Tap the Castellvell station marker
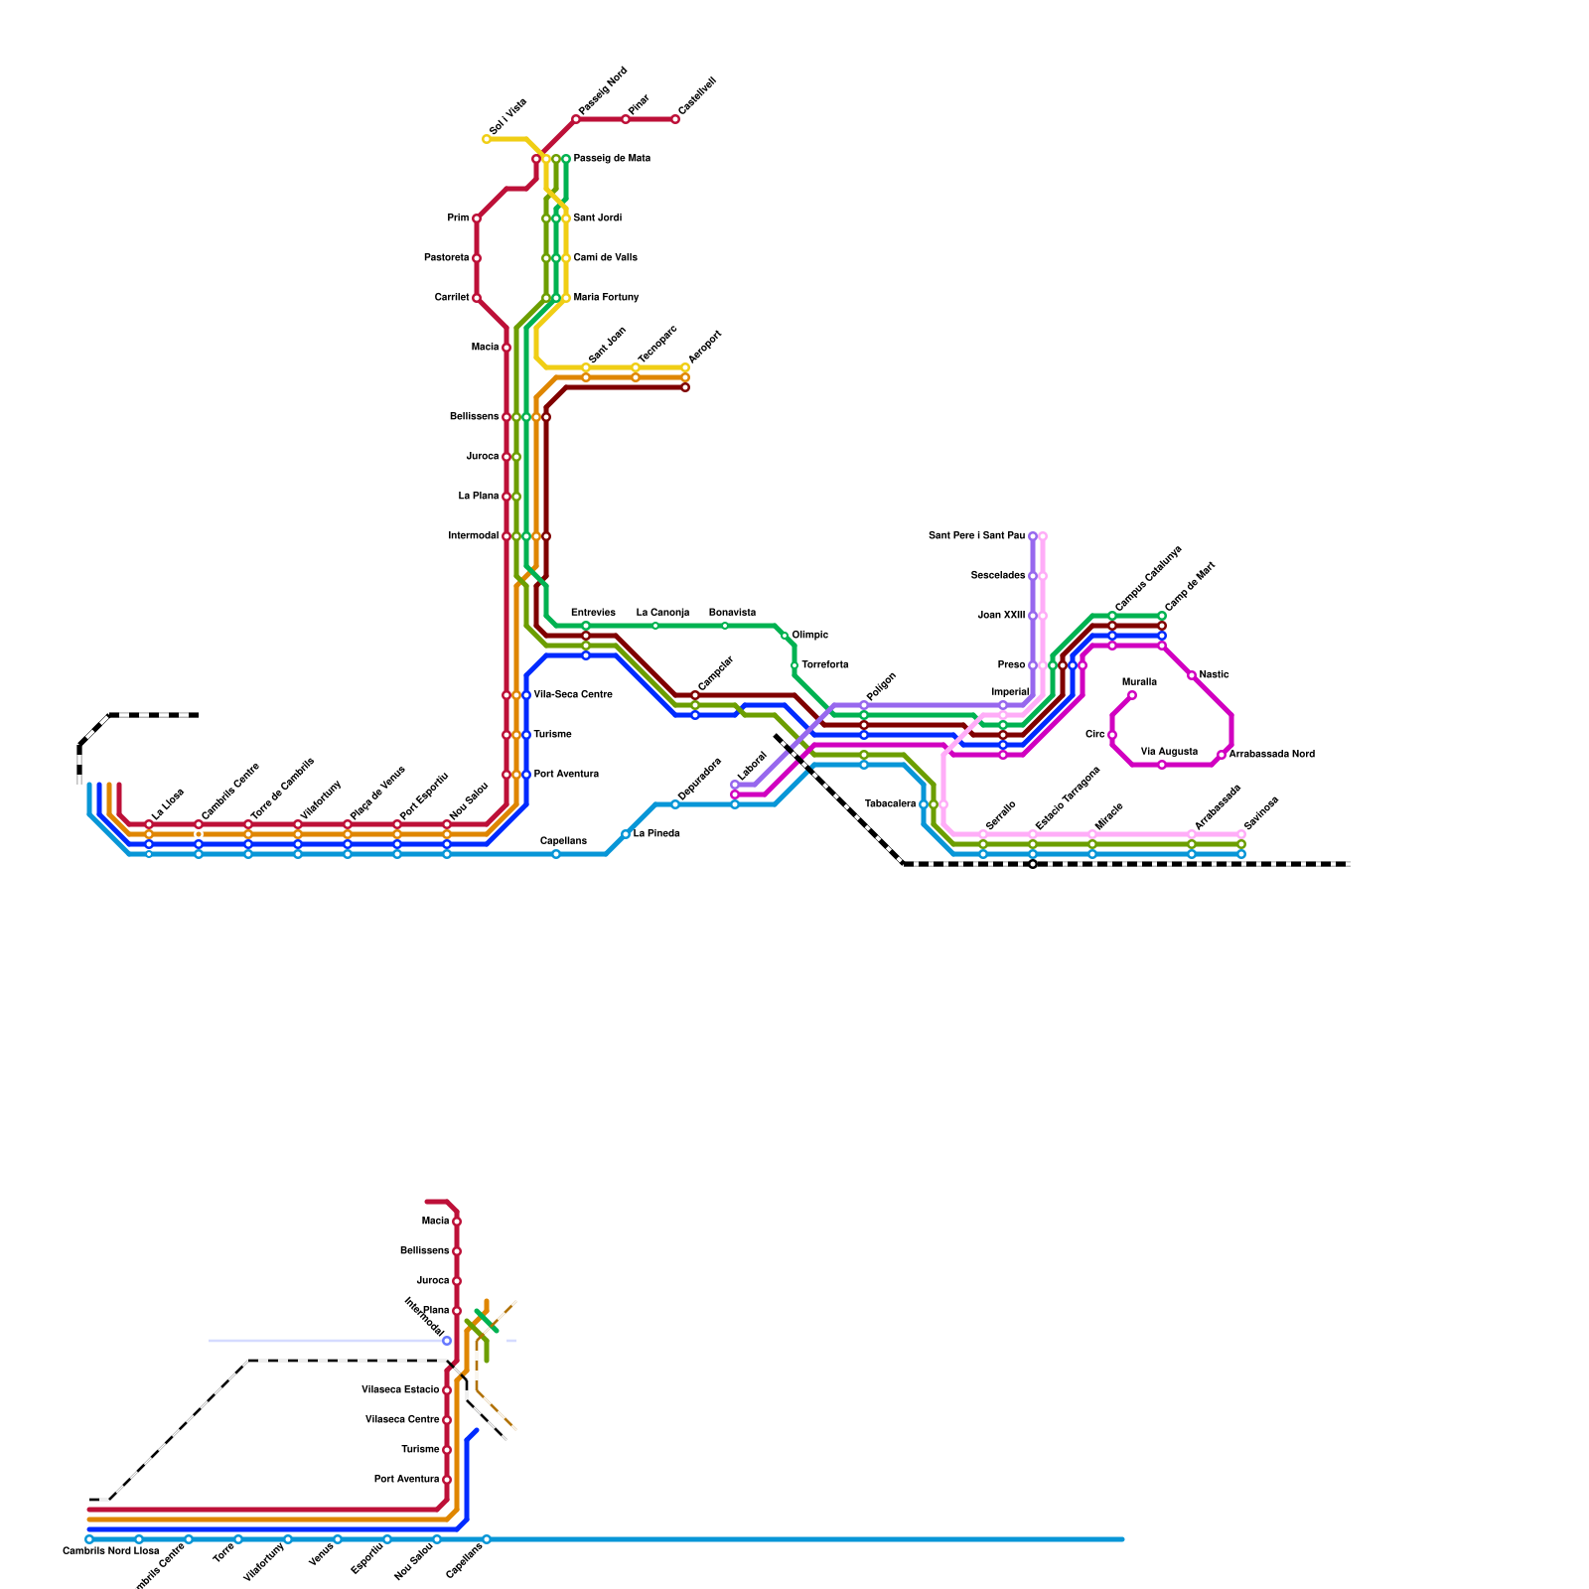[x=675, y=119]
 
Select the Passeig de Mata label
[x=612, y=159]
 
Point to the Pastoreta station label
[x=446, y=258]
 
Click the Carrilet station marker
[x=477, y=298]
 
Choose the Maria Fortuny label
[x=606, y=298]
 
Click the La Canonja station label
[x=662, y=613]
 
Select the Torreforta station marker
[x=794, y=665]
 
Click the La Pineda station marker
[x=626, y=834]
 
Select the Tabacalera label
[x=890, y=804]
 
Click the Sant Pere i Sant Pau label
[x=976, y=536]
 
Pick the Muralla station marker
[x=1132, y=695]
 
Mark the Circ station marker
[x=1112, y=735]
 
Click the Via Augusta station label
[x=1169, y=752]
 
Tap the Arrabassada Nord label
[x=1271, y=755]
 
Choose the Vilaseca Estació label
[x=400, y=1390]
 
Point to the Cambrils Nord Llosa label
[x=110, y=1551]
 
